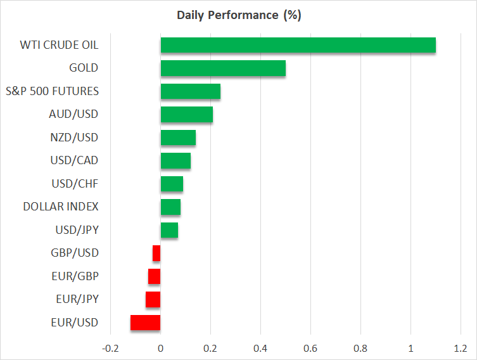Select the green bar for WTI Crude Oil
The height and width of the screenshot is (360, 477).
point(298,45)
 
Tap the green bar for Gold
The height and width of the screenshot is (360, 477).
point(223,68)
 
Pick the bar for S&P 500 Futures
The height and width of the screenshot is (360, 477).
point(190,91)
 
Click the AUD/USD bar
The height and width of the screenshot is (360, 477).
point(186,115)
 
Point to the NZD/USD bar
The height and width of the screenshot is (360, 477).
point(178,138)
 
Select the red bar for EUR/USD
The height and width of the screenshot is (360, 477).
point(145,323)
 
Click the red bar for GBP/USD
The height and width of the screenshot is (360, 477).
point(156,254)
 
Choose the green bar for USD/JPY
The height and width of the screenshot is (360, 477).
point(169,230)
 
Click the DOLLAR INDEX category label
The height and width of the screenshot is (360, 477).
point(61,207)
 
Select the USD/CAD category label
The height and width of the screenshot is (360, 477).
point(73,160)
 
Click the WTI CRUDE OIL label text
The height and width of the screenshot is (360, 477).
point(60,45)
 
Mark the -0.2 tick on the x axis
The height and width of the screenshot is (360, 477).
point(110,349)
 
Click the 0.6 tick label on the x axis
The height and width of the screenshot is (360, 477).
point(310,349)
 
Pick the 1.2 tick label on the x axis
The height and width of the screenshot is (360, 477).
point(461,349)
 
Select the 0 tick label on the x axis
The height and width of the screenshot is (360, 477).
point(160,349)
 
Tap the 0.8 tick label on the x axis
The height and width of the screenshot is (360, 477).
point(360,349)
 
